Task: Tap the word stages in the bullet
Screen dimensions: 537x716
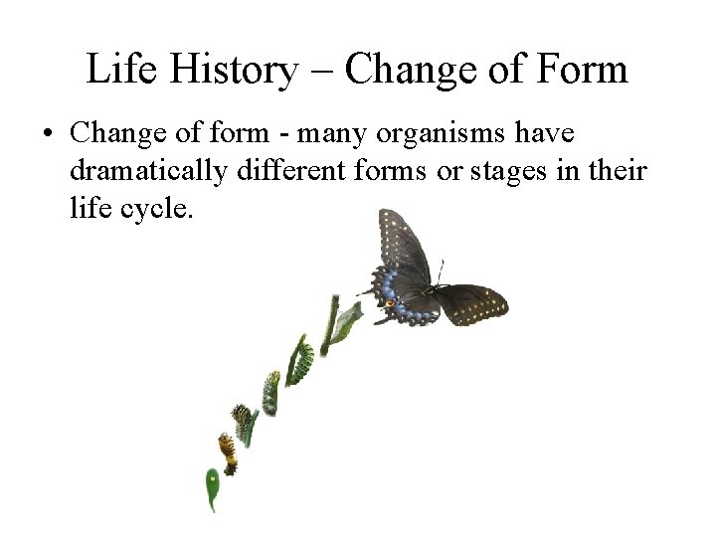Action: pos(503,171)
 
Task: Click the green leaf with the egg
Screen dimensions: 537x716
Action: pos(212,488)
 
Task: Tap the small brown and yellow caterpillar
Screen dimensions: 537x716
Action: pos(228,452)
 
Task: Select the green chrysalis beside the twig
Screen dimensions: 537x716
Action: pos(345,321)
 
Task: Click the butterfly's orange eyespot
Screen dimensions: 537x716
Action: pos(391,301)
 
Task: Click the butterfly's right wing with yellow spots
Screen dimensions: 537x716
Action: pos(472,304)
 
